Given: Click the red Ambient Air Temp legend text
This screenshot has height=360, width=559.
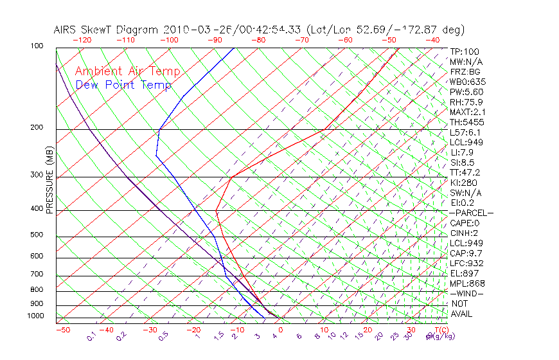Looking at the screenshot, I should [x=127, y=72].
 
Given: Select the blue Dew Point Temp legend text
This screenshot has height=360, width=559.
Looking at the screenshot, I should [x=123, y=85].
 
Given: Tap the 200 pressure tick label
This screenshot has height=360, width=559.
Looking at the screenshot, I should [x=37, y=127].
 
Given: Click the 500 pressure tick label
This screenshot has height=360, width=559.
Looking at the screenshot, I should [x=37, y=235].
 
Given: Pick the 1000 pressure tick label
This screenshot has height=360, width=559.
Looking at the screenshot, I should [x=35, y=316].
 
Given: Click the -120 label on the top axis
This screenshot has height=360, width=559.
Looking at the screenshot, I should [x=82, y=40].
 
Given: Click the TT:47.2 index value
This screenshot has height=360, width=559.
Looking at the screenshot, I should [x=465, y=172].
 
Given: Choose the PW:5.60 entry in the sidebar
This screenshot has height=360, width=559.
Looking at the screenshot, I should [x=466, y=92].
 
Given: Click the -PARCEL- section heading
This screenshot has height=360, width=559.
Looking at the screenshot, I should [x=471, y=213].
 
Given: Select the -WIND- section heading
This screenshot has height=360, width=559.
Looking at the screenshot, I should [x=466, y=293].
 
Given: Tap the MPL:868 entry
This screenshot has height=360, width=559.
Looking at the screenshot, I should [x=466, y=283].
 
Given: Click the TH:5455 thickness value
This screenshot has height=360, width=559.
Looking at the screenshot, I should [x=466, y=122].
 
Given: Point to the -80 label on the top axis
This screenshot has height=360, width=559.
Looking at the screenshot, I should [x=258, y=40].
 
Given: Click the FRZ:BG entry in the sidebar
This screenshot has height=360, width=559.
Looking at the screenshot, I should [x=465, y=72].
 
